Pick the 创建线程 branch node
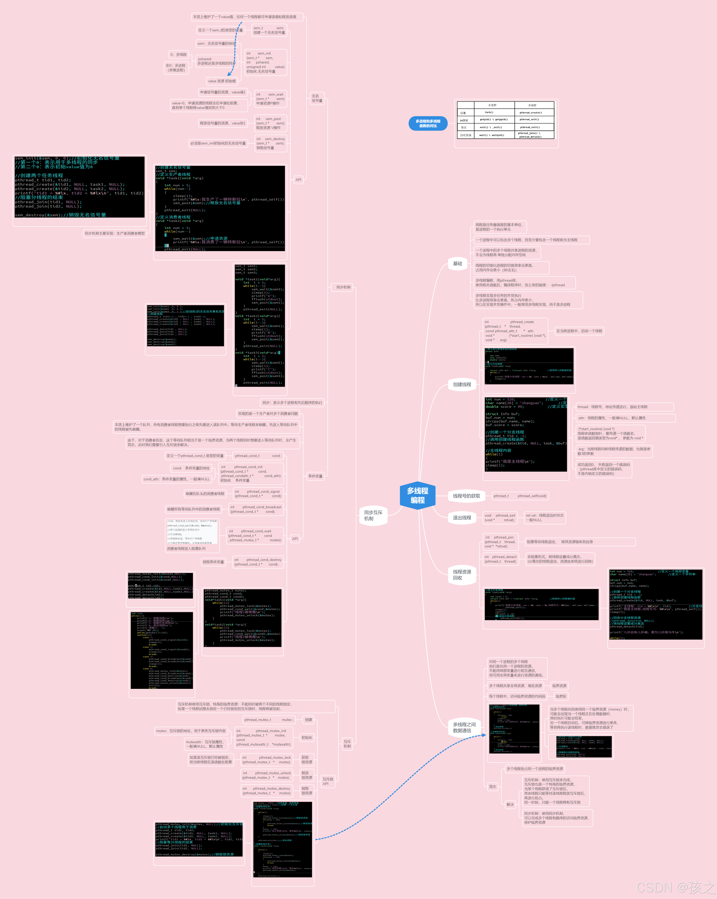point(462,384)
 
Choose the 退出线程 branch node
point(462,518)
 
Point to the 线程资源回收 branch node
point(462,575)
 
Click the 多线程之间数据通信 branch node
point(464,727)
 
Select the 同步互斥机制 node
point(373,515)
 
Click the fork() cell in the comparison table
point(489,112)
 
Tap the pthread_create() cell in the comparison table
point(531,113)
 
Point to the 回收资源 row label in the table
point(466,135)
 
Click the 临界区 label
point(561,696)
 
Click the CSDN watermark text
point(675,887)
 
